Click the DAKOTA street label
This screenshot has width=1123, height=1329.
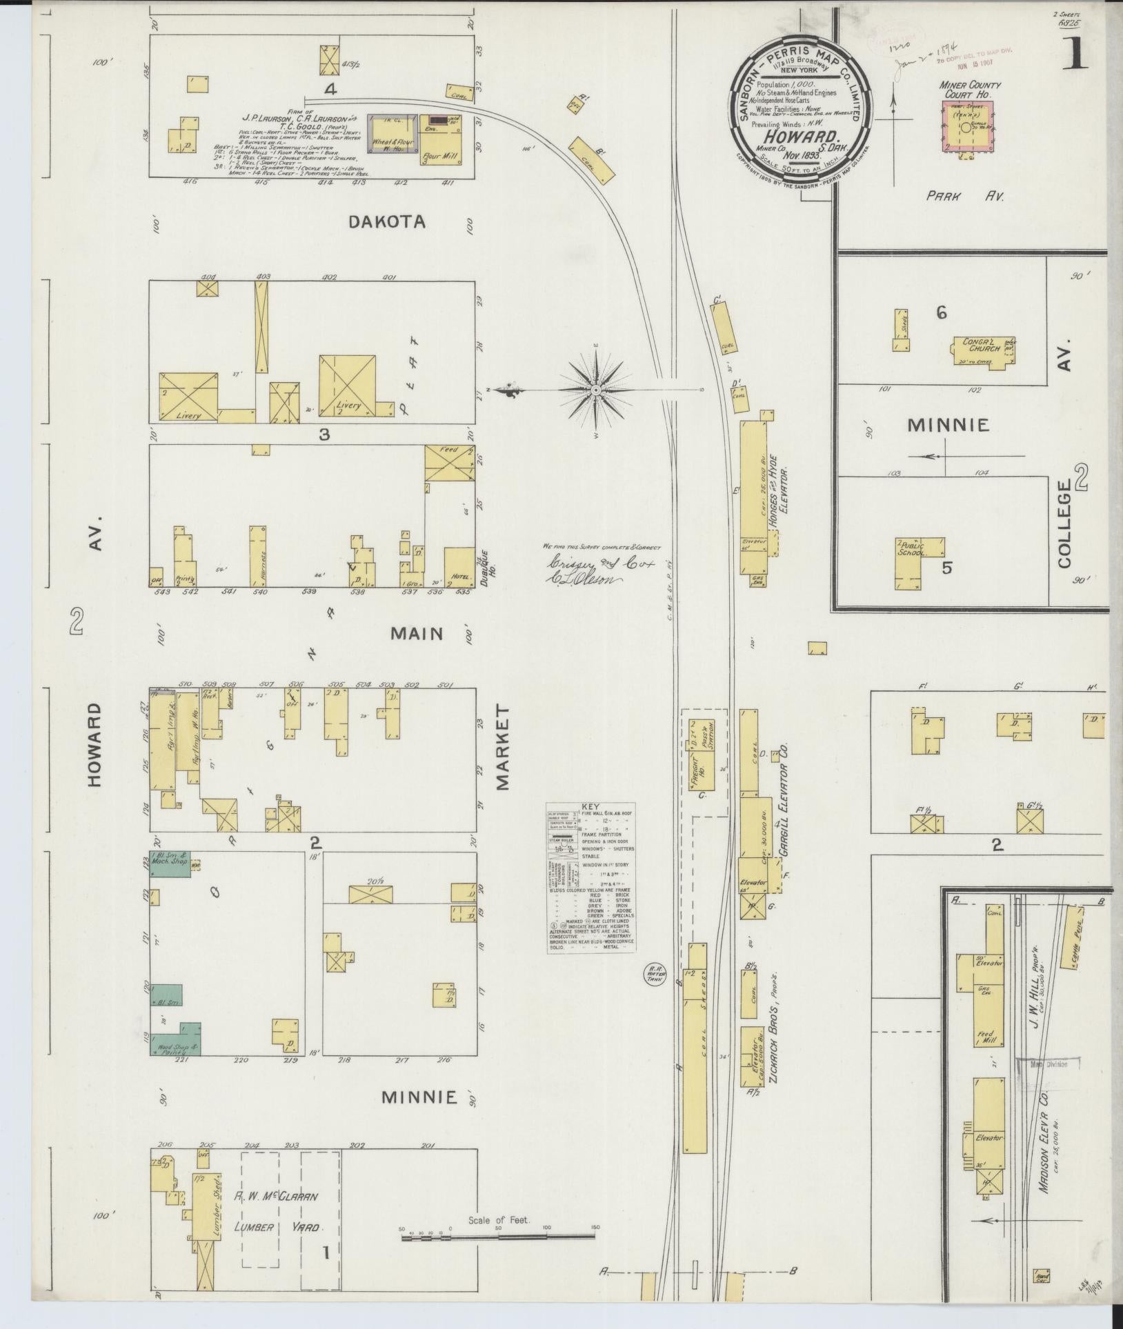386,221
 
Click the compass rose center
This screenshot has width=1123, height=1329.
596,390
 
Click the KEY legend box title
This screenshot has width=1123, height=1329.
591,806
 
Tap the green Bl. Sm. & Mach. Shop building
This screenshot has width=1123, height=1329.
170,865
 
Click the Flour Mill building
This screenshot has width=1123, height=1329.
440,141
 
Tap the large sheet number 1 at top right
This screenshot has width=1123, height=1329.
1077,52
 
